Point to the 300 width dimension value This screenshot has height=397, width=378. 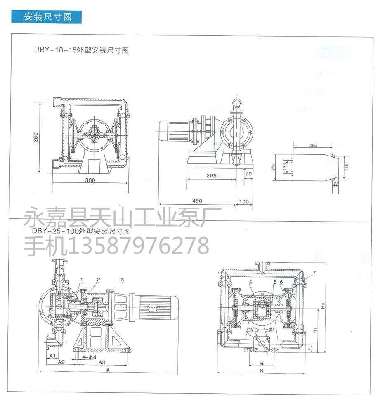coord(90,180)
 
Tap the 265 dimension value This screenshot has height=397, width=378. coord(211,175)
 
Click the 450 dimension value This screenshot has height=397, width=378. coord(197,201)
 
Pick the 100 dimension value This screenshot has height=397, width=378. coord(244,201)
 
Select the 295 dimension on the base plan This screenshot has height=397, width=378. coord(312,145)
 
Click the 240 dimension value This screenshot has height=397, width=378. coord(272,167)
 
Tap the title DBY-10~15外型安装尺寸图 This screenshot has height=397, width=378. coord(81,51)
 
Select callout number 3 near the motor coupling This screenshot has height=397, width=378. coord(122,280)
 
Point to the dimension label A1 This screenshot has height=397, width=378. coord(52,355)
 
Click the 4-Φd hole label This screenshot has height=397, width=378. coord(89,356)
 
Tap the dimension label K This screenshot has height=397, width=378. coord(262,370)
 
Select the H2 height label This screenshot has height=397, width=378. coord(324,306)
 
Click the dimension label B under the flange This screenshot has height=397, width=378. coord(262,362)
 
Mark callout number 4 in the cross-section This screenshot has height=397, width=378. coord(250,282)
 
